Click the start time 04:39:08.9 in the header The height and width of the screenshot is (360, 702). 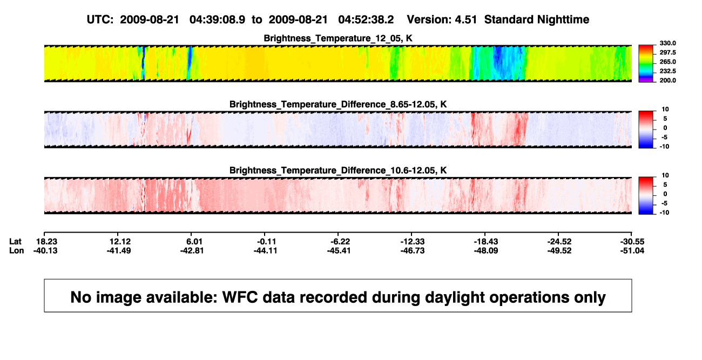pyautogui.click(x=217, y=20)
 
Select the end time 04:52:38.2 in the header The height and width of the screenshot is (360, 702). pyautogui.click(x=366, y=20)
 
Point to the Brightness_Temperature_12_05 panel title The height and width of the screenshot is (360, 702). pyautogui.click(x=338, y=38)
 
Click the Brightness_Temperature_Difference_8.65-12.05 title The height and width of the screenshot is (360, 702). pyautogui.click(x=338, y=104)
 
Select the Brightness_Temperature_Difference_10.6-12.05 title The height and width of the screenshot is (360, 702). pyautogui.click(x=338, y=171)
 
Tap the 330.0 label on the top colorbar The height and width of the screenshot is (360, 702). pyautogui.click(x=667, y=43)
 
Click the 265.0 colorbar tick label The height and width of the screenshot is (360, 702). pyautogui.click(x=667, y=62)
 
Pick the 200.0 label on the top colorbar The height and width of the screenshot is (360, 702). pyautogui.click(x=667, y=80)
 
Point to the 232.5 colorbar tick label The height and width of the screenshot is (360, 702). pyautogui.click(x=667, y=71)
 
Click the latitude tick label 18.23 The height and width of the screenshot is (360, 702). pyautogui.click(x=46, y=242)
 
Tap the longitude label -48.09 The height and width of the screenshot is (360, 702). pyautogui.click(x=486, y=250)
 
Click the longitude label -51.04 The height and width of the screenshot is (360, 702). pyautogui.click(x=632, y=250)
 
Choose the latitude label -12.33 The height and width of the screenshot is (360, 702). pyautogui.click(x=413, y=242)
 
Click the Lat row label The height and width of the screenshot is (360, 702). pyautogui.click(x=15, y=242)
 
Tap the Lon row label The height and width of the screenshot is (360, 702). pyautogui.click(x=16, y=250)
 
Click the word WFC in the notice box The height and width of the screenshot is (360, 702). pyautogui.click(x=240, y=297)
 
